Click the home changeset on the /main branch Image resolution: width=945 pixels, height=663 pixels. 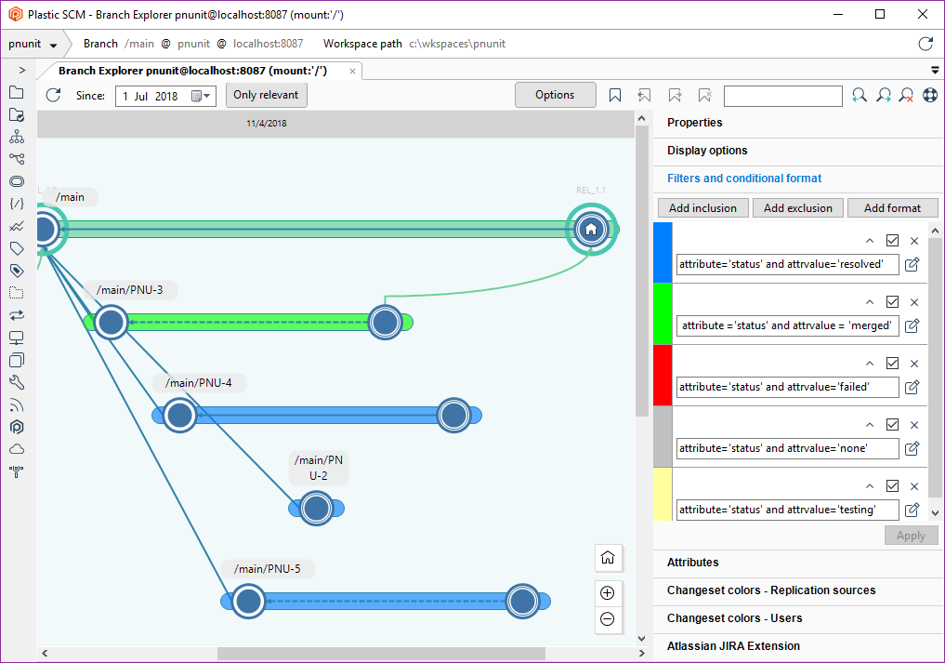click(591, 230)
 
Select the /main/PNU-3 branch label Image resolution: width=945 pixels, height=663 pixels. click(129, 290)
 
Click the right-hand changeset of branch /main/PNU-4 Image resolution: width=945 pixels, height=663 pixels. click(453, 415)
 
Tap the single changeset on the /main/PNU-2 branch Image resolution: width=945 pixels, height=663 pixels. click(316, 509)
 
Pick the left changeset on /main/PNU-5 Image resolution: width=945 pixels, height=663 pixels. click(248, 602)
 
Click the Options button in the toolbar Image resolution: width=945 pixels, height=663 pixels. click(555, 95)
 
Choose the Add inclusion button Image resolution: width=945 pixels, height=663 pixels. click(702, 208)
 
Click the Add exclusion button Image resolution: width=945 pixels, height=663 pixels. click(798, 208)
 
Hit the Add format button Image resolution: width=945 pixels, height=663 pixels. click(893, 208)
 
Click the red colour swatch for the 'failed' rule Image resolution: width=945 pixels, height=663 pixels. click(663, 376)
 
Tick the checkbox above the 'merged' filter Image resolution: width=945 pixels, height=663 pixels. click(893, 301)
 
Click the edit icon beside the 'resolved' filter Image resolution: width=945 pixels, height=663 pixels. click(912, 264)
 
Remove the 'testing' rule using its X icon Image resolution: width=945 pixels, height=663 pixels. click(914, 486)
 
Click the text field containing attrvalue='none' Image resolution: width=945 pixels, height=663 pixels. click(788, 448)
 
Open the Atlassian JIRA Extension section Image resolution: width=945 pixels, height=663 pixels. click(733, 646)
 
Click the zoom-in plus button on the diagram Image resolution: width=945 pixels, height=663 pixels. click(608, 593)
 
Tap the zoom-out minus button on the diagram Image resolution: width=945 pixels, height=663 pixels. click(608, 619)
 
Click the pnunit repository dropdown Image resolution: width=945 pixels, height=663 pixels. click(33, 44)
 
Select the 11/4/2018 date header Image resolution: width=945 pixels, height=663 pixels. click(267, 124)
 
